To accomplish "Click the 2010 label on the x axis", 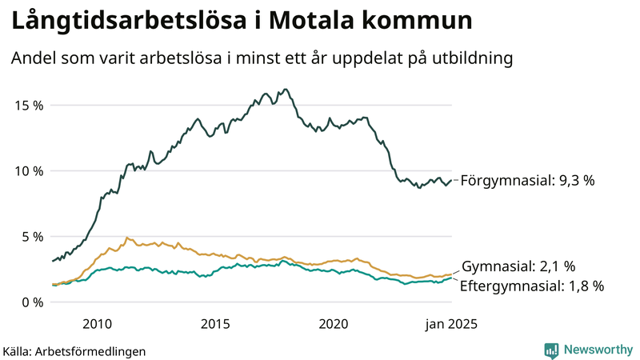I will pos(96,324).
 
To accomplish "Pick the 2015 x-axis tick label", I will pos(214,324).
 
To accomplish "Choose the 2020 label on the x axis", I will pos(334,324).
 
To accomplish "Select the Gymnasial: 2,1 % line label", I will pos(518,266).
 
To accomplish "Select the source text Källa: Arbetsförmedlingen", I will pos(74,350).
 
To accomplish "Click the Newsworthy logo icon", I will pos(551,350).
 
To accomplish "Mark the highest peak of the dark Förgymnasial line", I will pos(286,90).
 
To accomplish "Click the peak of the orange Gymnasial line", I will pos(126,238).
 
